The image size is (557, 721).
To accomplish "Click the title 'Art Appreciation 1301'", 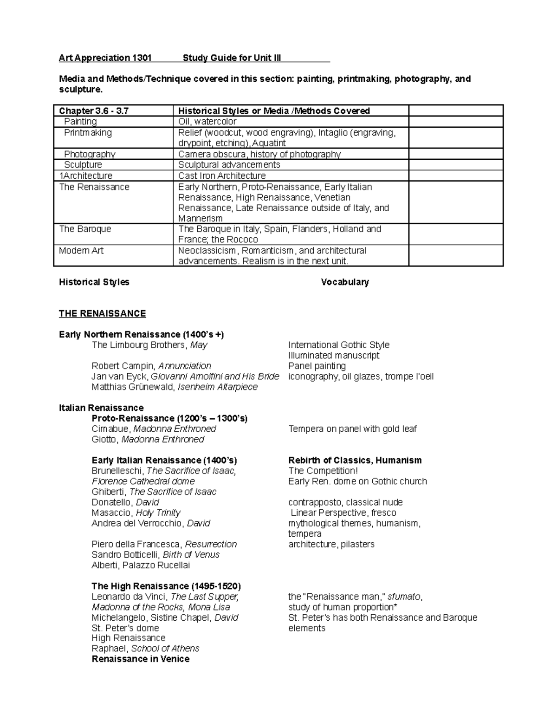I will coord(105,58).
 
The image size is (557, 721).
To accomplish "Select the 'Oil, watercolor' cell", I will coord(207,122).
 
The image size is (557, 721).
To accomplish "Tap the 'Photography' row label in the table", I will coord(90,154).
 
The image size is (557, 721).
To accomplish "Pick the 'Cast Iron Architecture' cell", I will coord(222,176).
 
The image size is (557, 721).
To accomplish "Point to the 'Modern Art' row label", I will coord(81,251).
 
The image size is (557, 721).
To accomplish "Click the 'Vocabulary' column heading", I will coord(345,282).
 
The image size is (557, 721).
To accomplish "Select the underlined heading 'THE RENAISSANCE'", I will coord(102,314).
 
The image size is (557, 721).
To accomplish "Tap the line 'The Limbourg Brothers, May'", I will coord(149,345).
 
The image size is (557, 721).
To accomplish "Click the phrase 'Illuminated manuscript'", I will coord(334,356).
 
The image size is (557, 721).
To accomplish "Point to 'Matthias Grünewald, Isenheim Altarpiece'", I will coord(175,387).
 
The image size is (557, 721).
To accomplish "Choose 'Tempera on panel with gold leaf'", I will coord(352,429).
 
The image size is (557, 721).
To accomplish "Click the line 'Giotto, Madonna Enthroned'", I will coord(148,440).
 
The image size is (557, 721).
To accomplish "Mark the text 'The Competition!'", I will coord(323,471).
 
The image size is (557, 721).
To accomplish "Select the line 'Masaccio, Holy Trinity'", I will coord(136,513).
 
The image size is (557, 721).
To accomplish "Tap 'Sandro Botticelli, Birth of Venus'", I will coord(155,555).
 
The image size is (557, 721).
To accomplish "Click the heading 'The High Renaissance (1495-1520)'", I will coord(166,586).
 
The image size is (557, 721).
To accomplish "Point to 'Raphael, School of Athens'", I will coord(145,649).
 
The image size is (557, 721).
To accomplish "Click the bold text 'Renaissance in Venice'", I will coord(141,659).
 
